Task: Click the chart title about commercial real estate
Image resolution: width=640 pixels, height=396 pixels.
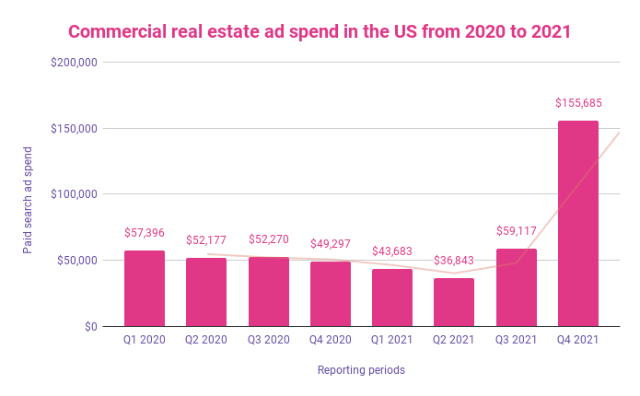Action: (320, 31)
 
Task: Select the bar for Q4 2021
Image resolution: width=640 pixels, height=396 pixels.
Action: (577, 224)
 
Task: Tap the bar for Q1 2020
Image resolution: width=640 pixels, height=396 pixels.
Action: (145, 288)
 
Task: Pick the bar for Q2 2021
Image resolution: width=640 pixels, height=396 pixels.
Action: (454, 302)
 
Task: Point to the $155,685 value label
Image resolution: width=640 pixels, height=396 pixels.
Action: (577, 102)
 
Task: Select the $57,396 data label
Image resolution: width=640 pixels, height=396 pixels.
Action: (145, 233)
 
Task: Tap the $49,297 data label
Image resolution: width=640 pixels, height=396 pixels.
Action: (331, 243)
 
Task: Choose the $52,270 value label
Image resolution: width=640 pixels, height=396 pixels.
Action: (269, 239)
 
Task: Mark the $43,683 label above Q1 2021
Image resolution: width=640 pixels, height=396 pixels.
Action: (392, 251)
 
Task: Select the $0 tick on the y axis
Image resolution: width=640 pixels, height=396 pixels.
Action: (89, 326)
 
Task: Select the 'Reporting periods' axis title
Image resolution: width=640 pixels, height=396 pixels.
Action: (361, 370)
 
